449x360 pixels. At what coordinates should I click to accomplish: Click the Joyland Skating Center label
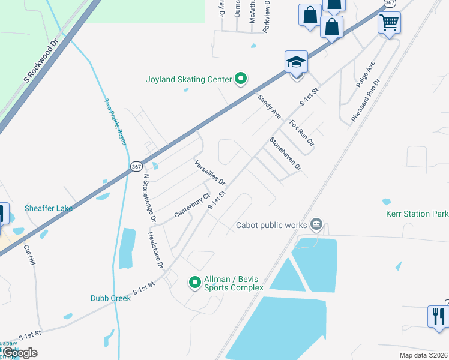pos(188,79)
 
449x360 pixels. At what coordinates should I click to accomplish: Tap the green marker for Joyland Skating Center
pos(241,79)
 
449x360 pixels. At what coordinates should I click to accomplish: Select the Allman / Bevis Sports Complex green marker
pos(195,281)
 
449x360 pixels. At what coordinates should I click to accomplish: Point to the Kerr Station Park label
pos(417,214)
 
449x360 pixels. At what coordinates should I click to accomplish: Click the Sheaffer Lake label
pos(49,208)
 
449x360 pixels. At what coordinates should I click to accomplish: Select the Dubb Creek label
pos(110,298)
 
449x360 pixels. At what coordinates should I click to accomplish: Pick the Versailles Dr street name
pos(209,173)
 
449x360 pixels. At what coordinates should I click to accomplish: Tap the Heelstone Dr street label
pos(155,249)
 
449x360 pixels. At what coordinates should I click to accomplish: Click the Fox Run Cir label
pos(301,134)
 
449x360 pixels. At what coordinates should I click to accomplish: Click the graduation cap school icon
pos(296,62)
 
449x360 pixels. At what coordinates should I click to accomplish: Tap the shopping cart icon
pos(389,23)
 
